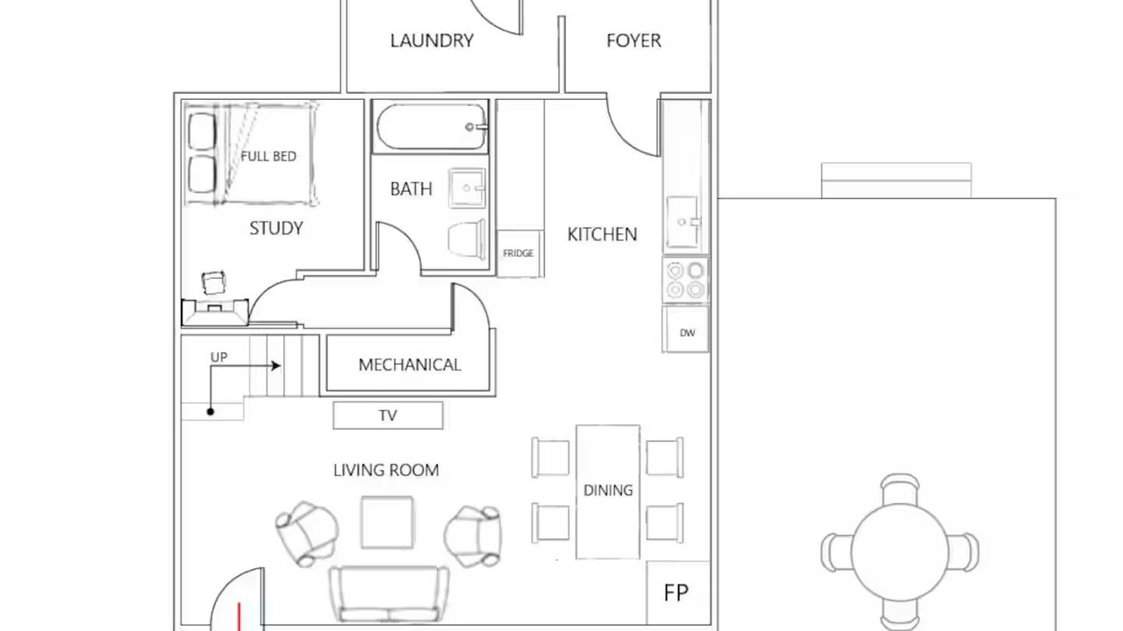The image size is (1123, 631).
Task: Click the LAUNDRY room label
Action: (x=432, y=40)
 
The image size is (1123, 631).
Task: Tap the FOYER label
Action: (x=633, y=40)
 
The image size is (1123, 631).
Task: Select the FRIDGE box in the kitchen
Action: (x=519, y=253)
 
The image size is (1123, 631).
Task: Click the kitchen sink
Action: (x=683, y=222)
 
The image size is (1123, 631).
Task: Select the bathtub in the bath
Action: (x=431, y=127)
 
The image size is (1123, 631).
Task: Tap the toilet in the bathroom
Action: (x=467, y=240)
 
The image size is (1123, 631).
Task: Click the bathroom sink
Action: (x=468, y=188)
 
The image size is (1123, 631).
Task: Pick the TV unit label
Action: (x=388, y=415)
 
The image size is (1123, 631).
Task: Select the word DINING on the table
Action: (x=608, y=490)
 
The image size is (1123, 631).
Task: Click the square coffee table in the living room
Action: (x=387, y=522)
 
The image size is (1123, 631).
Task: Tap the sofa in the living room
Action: (x=389, y=594)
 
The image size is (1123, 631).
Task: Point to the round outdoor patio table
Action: (x=899, y=553)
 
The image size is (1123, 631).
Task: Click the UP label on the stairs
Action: (x=218, y=357)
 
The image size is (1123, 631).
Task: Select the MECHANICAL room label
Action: (x=410, y=365)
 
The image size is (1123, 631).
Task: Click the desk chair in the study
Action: (x=213, y=283)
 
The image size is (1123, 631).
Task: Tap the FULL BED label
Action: (x=268, y=156)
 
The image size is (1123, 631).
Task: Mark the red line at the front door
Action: (x=240, y=616)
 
